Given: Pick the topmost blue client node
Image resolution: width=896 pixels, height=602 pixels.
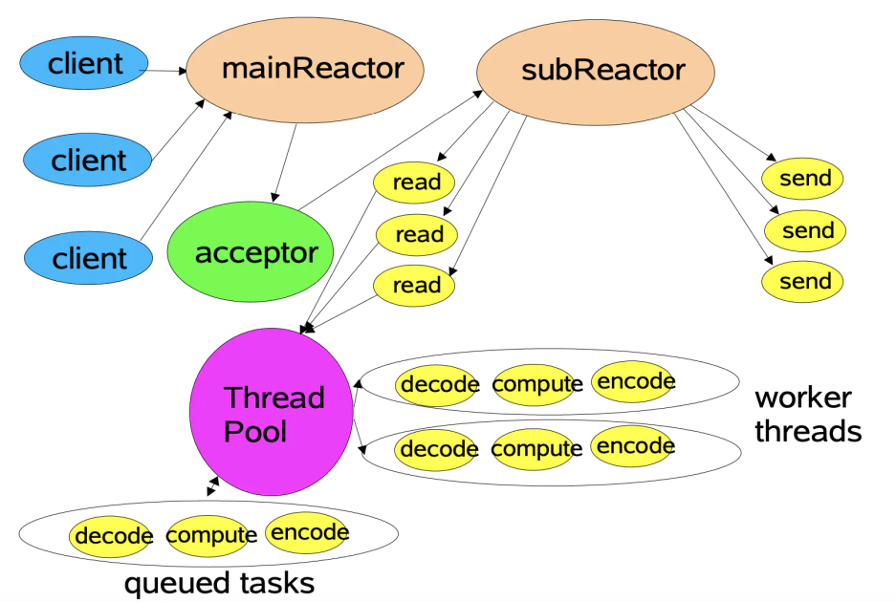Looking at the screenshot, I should [x=84, y=65].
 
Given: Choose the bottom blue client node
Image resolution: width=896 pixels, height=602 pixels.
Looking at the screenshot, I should [x=88, y=258].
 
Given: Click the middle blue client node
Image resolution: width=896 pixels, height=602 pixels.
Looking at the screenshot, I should [x=88, y=160].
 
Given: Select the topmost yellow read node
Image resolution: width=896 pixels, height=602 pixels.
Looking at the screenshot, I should [x=415, y=183].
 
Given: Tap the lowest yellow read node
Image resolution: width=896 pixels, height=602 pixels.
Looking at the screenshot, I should [x=415, y=285].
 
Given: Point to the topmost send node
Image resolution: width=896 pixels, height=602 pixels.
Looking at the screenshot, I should [x=804, y=179].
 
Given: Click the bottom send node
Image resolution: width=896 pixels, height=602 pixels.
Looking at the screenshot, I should [x=804, y=281].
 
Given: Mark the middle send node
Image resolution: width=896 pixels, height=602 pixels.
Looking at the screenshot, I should [x=804, y=230].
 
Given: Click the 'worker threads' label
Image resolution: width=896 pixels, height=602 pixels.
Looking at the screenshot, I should [x=806, y=415].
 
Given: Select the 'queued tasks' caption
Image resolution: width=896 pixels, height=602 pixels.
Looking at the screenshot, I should [x=219, y=582].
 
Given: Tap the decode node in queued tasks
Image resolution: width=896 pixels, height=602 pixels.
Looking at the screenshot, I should [x=113, y=535].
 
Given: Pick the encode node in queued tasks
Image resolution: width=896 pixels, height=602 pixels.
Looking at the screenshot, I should [x=308, y=532].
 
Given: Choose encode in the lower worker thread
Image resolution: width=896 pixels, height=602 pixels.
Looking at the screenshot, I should [x=633, y=446].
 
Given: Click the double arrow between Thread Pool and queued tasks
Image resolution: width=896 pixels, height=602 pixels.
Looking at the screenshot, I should [x=212, y=486].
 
